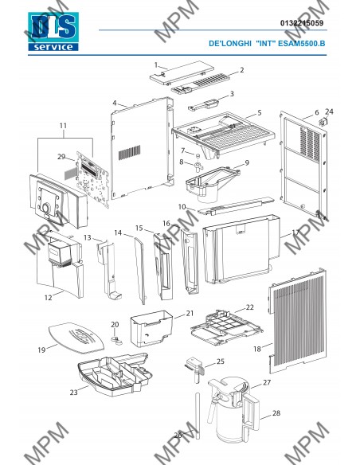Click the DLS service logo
[x=53, y=31]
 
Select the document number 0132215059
[x=302, y=23]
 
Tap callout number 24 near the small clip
[x=329, y=111]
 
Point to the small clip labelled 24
[x=323, y=122]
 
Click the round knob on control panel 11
[x=46, y=208]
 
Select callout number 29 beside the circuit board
[x=61, y=157]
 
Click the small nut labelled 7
[x=198, y=155]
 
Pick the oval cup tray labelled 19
[x=76, y=338]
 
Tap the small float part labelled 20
[x=116, y=340]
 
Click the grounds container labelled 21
[x=151, y=328]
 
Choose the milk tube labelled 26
[x=198, y=416]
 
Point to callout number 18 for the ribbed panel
[x=256, y=349]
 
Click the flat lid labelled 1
[x=182, y=73]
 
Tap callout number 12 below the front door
[x=48, y=298]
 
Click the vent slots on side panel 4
[x=129, y=152]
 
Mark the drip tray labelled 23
[x=115, y=374]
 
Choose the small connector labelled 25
[x=195, y=369]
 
